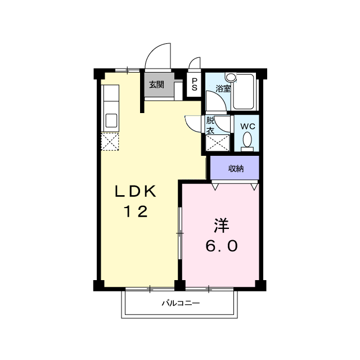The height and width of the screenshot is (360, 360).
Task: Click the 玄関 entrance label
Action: [156, 85]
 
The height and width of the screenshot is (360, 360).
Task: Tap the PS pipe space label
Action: [195, 84]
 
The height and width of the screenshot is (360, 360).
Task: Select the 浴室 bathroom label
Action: [223, 89]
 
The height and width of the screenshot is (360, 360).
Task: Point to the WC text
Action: [247, 126]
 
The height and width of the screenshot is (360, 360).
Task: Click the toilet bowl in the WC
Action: [247, 139]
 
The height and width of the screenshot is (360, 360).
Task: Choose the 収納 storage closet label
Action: [236, 169]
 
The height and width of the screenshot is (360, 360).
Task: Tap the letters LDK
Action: [136, 191]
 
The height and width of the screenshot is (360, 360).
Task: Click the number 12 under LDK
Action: [136, 211]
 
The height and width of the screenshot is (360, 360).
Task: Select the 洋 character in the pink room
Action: [222, 226]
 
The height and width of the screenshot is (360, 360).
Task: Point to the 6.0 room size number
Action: [221, 246]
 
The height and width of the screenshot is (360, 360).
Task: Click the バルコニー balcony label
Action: [181, 303]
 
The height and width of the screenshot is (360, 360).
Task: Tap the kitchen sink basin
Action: [111, 120]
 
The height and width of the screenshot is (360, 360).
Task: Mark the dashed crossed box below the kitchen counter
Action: [110, 142]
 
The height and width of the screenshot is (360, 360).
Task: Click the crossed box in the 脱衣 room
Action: [218, 143]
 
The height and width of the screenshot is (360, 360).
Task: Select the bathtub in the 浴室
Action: [244, 92]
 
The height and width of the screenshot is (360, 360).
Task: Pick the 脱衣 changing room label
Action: [210, 125]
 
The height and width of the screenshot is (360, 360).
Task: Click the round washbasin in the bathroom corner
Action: [231, 78]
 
